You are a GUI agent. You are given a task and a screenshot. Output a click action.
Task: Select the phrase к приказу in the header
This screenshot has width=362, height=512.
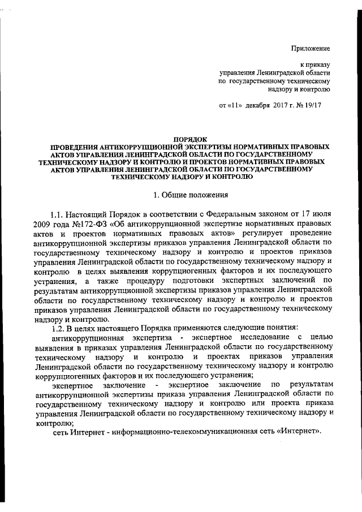coord(315,66)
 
